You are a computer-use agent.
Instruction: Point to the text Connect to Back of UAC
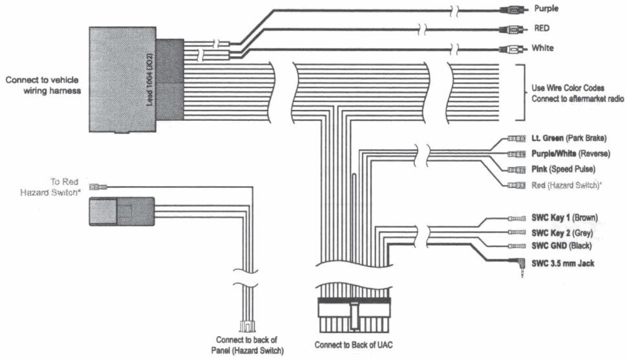(352, 344)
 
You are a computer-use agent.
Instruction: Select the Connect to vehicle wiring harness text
(43, 86)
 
